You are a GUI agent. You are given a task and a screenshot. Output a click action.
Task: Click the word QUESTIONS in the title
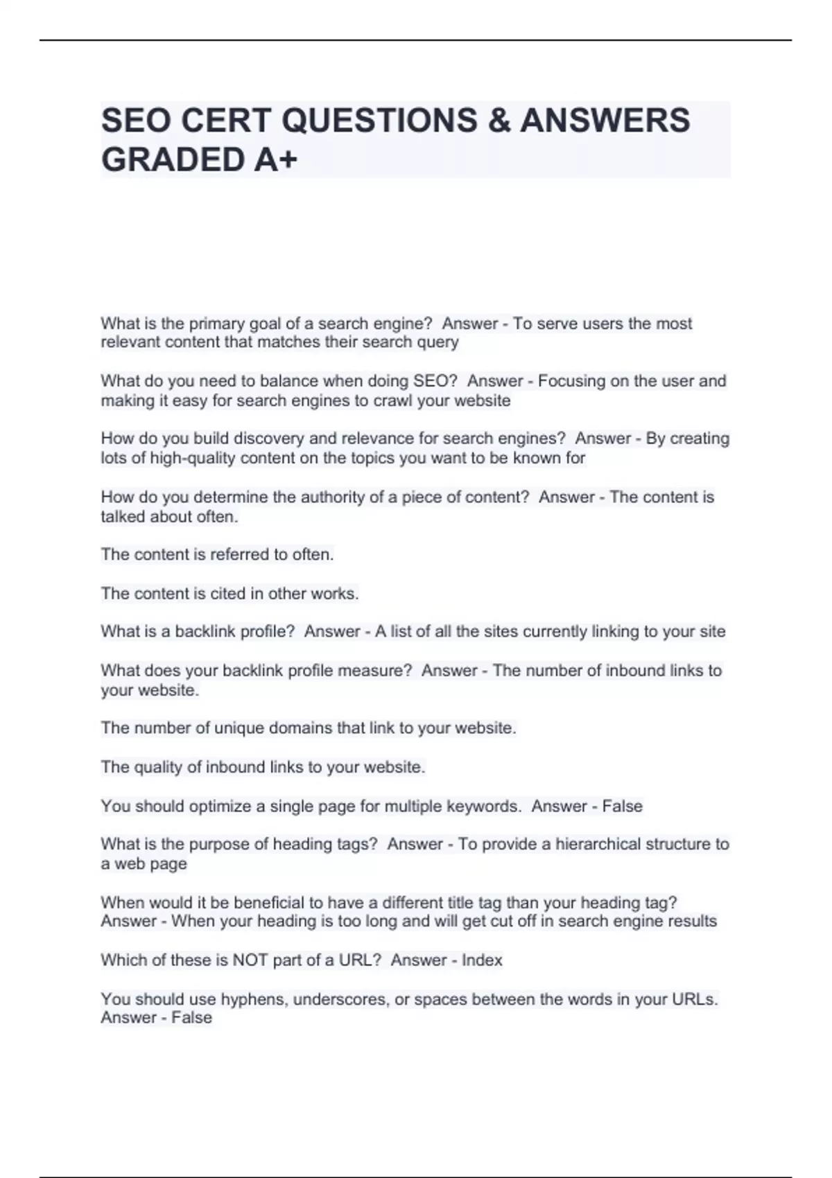(379, 120)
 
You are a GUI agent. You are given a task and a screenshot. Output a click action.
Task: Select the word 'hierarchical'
(598, 844)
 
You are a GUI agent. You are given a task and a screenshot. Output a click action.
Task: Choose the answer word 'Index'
(482, 960)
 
